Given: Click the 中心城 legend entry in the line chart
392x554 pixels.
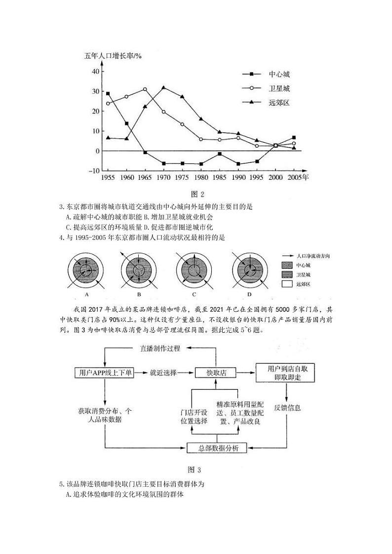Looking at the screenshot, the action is tap(279, 74).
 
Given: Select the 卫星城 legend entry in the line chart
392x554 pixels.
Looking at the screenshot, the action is tap(279, 88).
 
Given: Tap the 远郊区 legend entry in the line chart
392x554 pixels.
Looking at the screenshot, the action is tap(279, 103).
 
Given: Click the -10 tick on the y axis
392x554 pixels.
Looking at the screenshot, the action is tap(94, 171).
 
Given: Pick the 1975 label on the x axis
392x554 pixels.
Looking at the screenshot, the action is tap(182, 177).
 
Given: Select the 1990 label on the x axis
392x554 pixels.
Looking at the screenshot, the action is tap(238, 177).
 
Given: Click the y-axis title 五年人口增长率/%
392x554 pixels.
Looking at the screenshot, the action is tap(113, 56).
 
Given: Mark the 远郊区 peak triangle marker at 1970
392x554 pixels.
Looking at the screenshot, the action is tap(163, 88).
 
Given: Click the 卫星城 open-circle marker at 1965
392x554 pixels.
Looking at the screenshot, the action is tap(145, 89).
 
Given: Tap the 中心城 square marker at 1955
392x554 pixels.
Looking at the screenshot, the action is tap(108, 93).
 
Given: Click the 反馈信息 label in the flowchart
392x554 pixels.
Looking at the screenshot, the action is tap(288, 408).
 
